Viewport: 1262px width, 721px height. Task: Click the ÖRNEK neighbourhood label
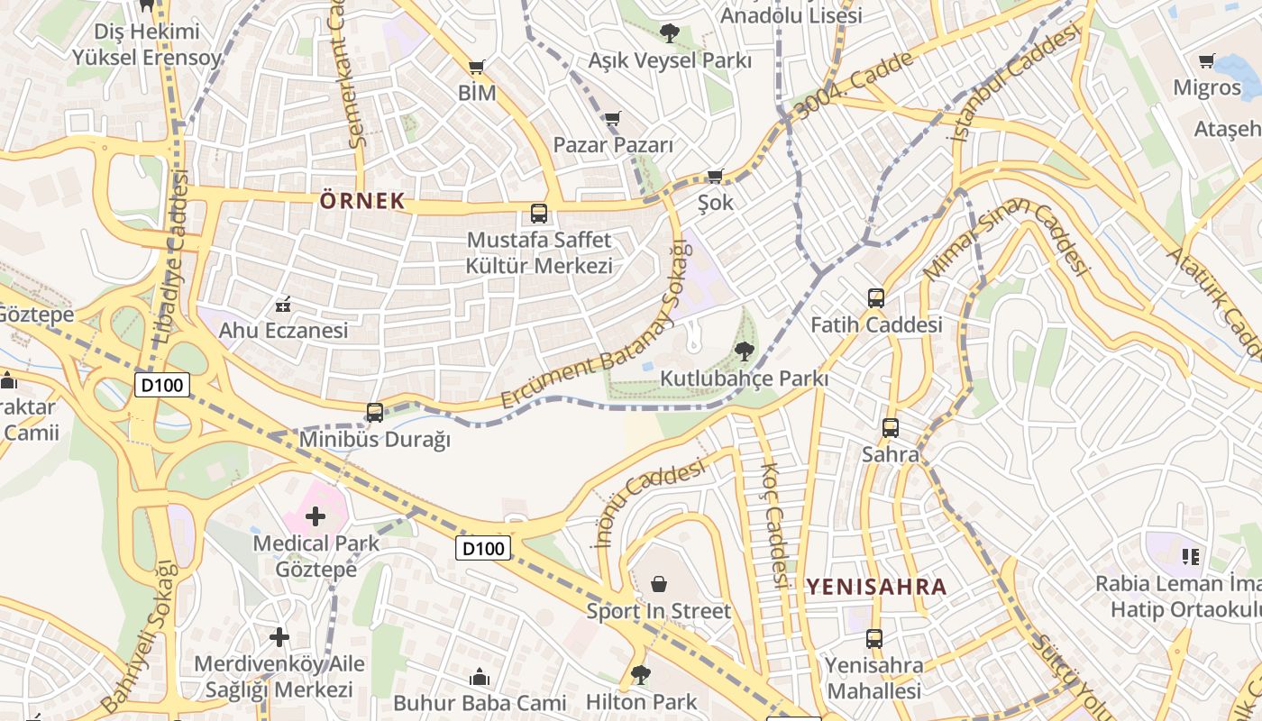click(362, 201)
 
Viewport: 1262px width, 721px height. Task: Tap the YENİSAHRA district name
click(876, 588)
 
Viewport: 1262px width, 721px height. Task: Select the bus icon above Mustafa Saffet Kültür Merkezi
click(539, 214)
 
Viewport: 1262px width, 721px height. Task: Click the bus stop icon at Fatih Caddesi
click(875, 298)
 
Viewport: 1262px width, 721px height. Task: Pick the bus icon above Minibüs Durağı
click(375, 413)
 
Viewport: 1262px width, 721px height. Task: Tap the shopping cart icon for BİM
click(477, 67)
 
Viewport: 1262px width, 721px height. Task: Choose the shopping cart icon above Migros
click(1207, 61)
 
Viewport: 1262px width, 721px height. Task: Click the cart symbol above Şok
click(716, 176)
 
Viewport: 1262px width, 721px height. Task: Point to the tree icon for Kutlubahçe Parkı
click(744, 351)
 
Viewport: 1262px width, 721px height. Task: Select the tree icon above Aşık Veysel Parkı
click(669, 33)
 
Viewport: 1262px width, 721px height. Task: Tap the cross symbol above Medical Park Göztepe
click(315, 516)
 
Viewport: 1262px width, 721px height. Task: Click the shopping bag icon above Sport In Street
click(659, 584)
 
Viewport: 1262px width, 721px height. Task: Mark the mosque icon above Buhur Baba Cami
click(480, 677)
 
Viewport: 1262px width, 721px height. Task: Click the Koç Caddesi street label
click(774, 525)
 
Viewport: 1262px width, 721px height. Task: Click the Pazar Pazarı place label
click(613, 145)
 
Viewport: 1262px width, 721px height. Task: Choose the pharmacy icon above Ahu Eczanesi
click(283, 304)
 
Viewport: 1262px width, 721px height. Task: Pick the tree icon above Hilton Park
click(641, 674)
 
